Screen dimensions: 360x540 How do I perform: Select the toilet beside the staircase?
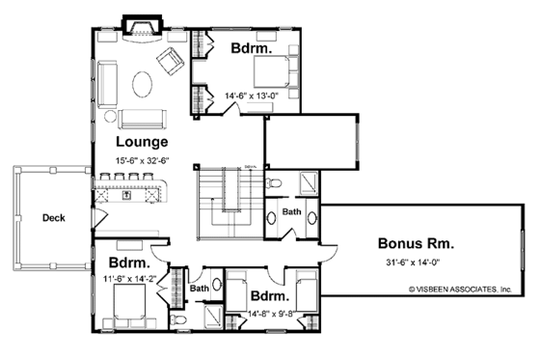275,181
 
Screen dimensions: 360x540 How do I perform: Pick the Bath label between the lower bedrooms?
200,287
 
